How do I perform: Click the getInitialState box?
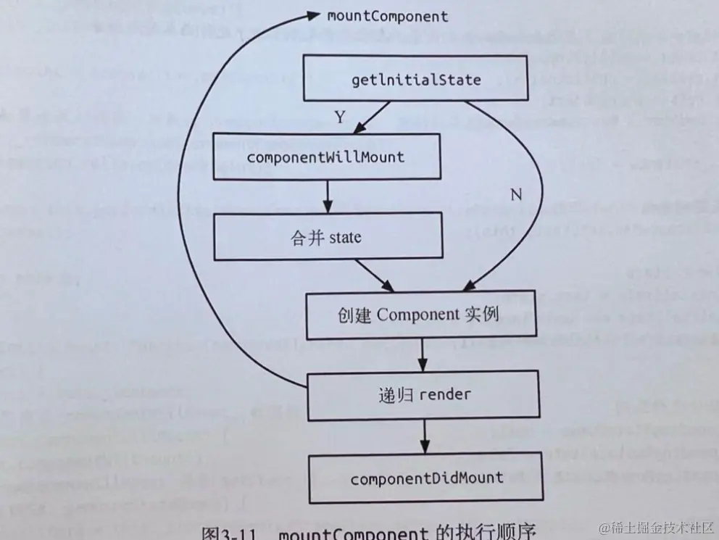point(415,78)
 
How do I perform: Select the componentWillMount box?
point(326,156)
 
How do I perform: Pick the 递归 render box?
point(423,395)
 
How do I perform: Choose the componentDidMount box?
point(426,478)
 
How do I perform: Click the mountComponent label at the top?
point(388,15)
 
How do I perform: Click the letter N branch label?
point(515,194)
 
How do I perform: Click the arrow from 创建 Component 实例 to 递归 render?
point(423,355)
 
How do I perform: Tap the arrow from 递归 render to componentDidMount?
point(423,437)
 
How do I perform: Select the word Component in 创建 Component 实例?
point(418,315)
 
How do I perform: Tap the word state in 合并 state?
point(345,236)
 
